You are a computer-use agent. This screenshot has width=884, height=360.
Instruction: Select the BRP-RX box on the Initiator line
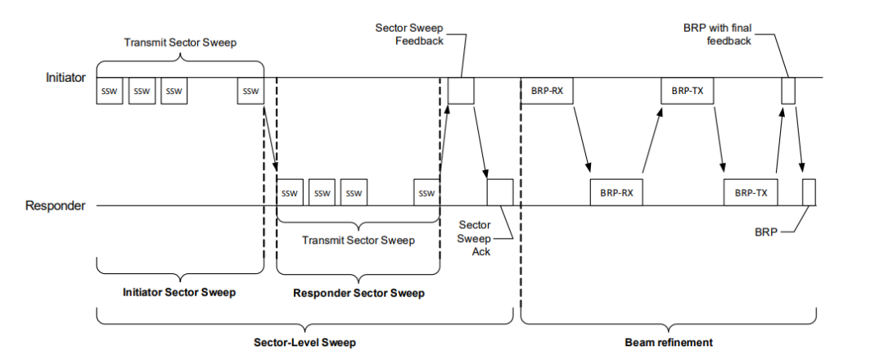[x=547, y=91]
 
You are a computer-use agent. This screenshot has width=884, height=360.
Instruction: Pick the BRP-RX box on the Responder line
[x=616, y=193]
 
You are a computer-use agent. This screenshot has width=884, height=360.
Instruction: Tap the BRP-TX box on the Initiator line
[x=687, y=91]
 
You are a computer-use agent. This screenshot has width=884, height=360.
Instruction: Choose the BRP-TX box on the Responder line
[x=751, y=193]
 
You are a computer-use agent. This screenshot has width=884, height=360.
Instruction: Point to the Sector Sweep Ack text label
[x=475, y=237]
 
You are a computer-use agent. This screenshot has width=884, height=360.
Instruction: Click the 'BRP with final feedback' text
[x=717, y=34]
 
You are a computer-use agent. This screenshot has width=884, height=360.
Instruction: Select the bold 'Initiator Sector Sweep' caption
[x=178, y=292]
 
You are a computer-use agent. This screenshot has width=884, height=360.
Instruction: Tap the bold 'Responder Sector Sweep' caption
[x=359, y=293]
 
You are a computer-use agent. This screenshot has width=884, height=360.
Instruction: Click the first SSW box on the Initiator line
[x=110, y=91]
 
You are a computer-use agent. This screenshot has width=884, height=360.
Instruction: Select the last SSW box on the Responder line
[x=426, y=193]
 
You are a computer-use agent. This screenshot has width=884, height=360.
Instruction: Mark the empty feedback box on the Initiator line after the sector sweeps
[x=461, y=91]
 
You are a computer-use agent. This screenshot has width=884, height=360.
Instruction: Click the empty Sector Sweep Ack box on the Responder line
[x=499, y=192]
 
